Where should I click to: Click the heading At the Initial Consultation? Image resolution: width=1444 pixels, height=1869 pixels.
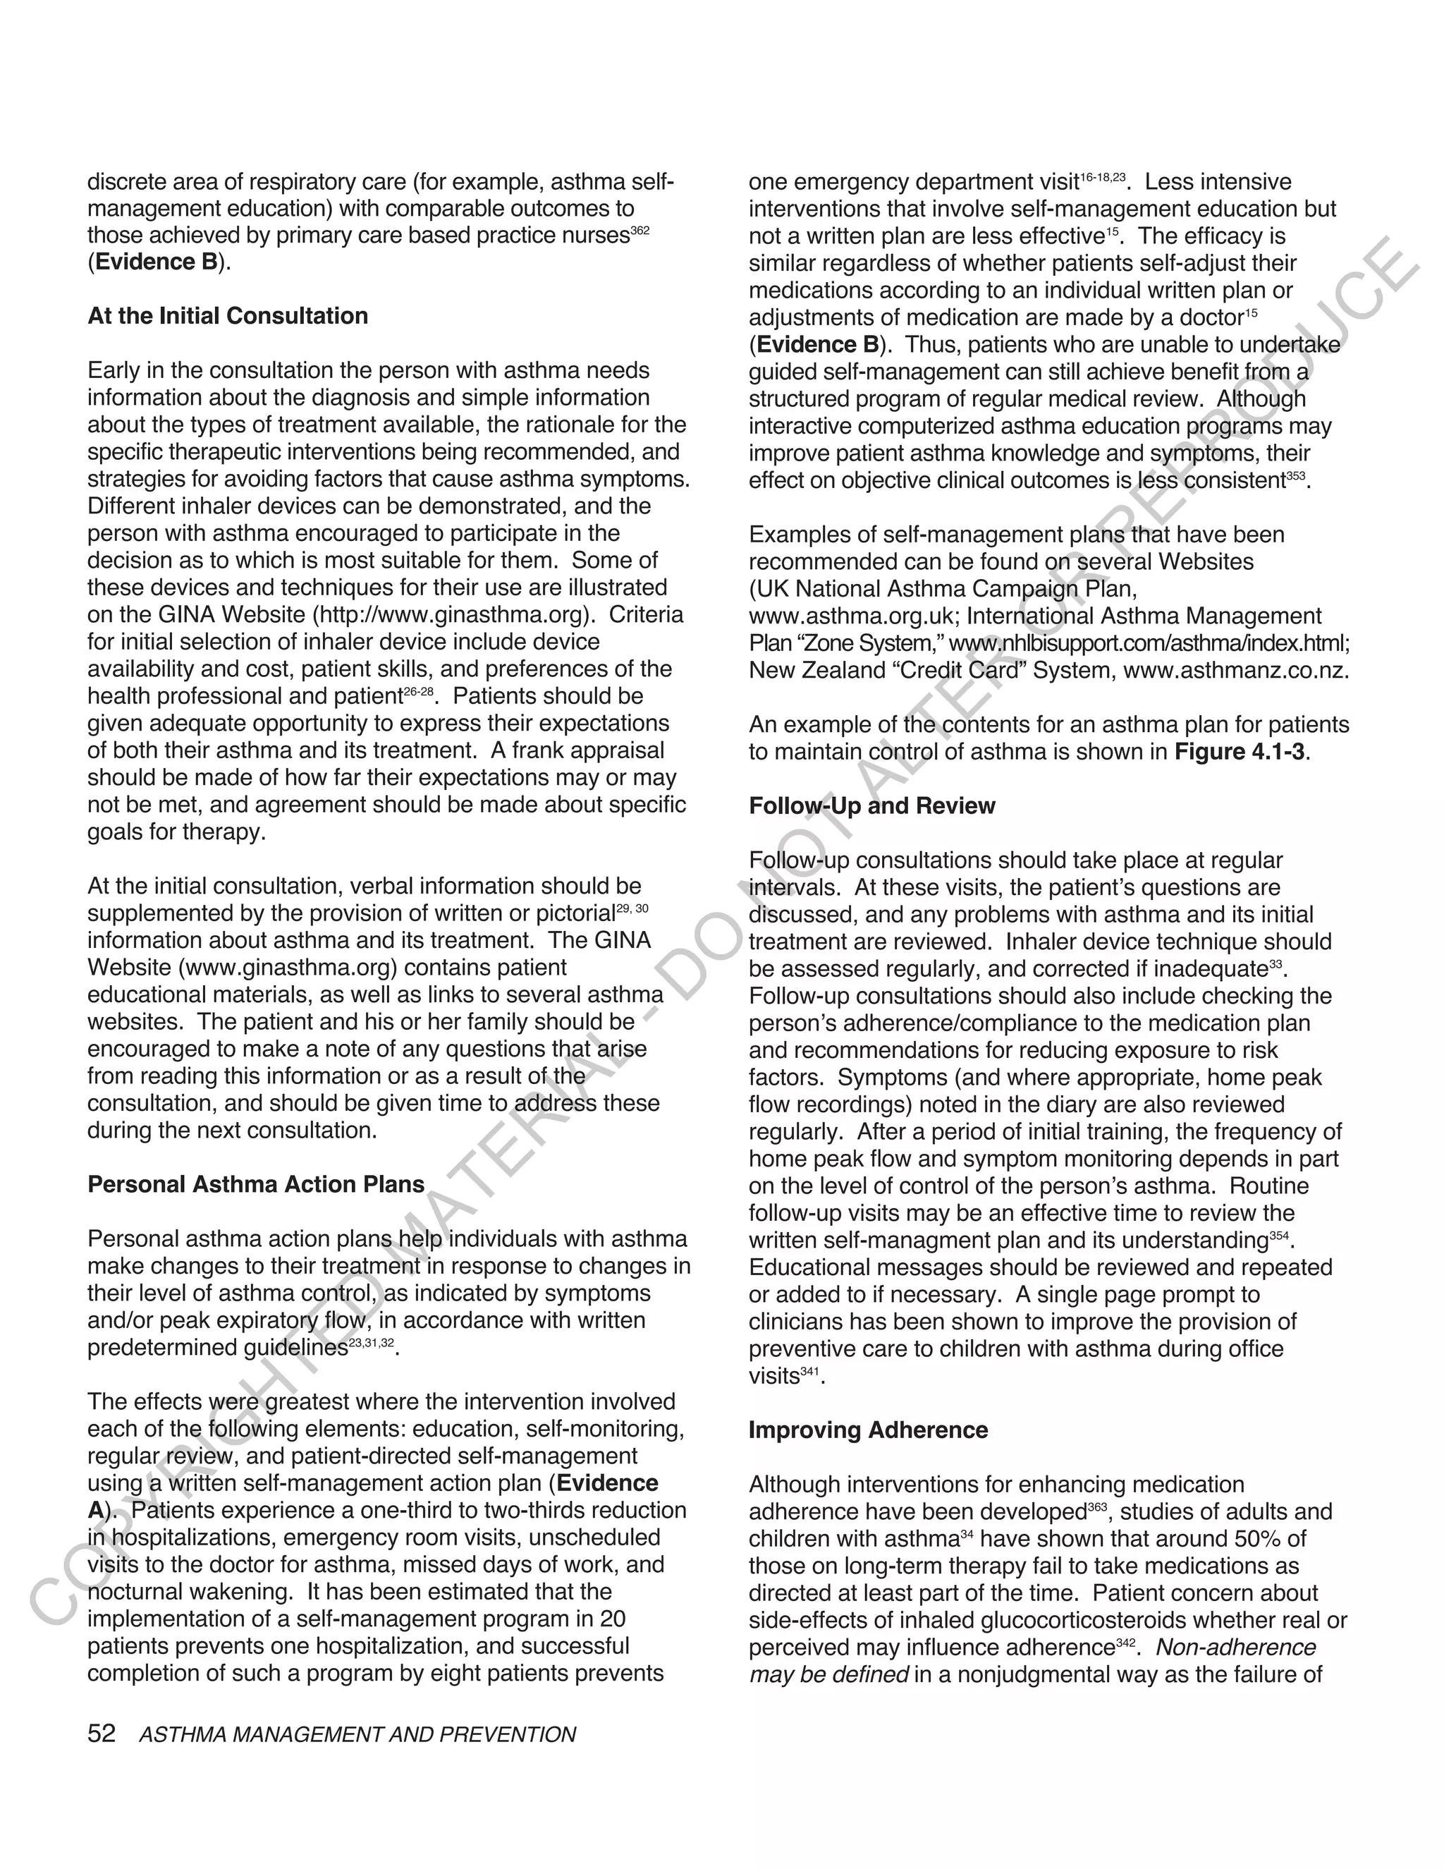tap(228, 316)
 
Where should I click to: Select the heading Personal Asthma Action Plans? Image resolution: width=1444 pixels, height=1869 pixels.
tap(256, 1184)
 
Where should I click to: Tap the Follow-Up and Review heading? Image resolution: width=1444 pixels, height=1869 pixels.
tap(871, 806)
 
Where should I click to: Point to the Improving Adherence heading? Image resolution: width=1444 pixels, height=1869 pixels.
tap(868, 1430)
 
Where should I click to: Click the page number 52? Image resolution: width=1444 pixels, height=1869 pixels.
tap(101, 1734)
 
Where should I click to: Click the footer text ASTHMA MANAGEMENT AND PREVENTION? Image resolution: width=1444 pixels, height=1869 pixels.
tap(357, 1735)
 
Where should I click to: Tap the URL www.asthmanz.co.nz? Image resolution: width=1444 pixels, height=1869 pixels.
tap(1235, 670)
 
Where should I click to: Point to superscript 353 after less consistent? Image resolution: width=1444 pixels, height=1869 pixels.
tap(1296, 476)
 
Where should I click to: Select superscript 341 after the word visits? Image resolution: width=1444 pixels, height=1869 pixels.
tap(809, 1372)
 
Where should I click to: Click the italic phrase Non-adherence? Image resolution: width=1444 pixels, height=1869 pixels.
tap(1235, 1648)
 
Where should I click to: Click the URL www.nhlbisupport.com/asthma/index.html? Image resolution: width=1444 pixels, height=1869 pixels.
tap(1149, 643)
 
